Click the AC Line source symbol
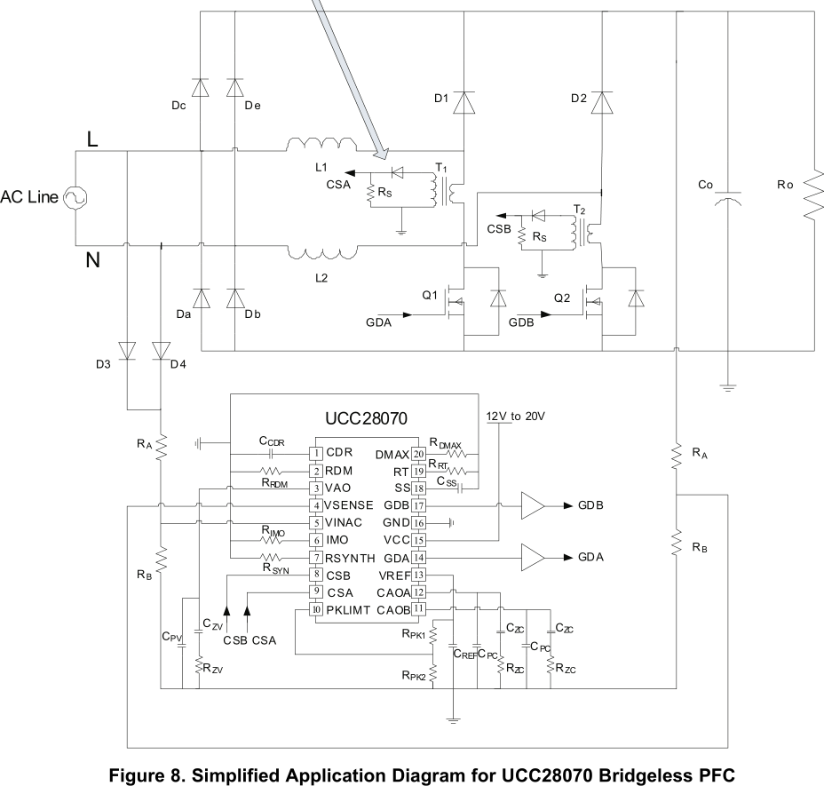click(x=75, y=198)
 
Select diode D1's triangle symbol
click(x=464, y=102)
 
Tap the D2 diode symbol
click(x=602, y=102)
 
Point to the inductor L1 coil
click(x=321, y=145)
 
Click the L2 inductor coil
click(x=321, y=252)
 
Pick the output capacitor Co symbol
click(x=728, y=199)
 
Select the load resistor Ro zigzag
click(x=813, y=194)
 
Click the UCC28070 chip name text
click(x=367, y=418)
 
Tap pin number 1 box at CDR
click(x=316, y=453)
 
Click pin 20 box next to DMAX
click(x=418, y=454)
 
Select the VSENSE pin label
click(x=348, y=505)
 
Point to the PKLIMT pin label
click(x=348, y=610)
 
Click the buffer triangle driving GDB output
click(x=533, y=505)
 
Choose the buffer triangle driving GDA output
click(x=533, y=557)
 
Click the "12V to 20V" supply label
click(x=516, y=417)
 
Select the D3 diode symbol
click(x=127, y=351)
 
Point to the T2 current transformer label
click(x=579, y=210)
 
